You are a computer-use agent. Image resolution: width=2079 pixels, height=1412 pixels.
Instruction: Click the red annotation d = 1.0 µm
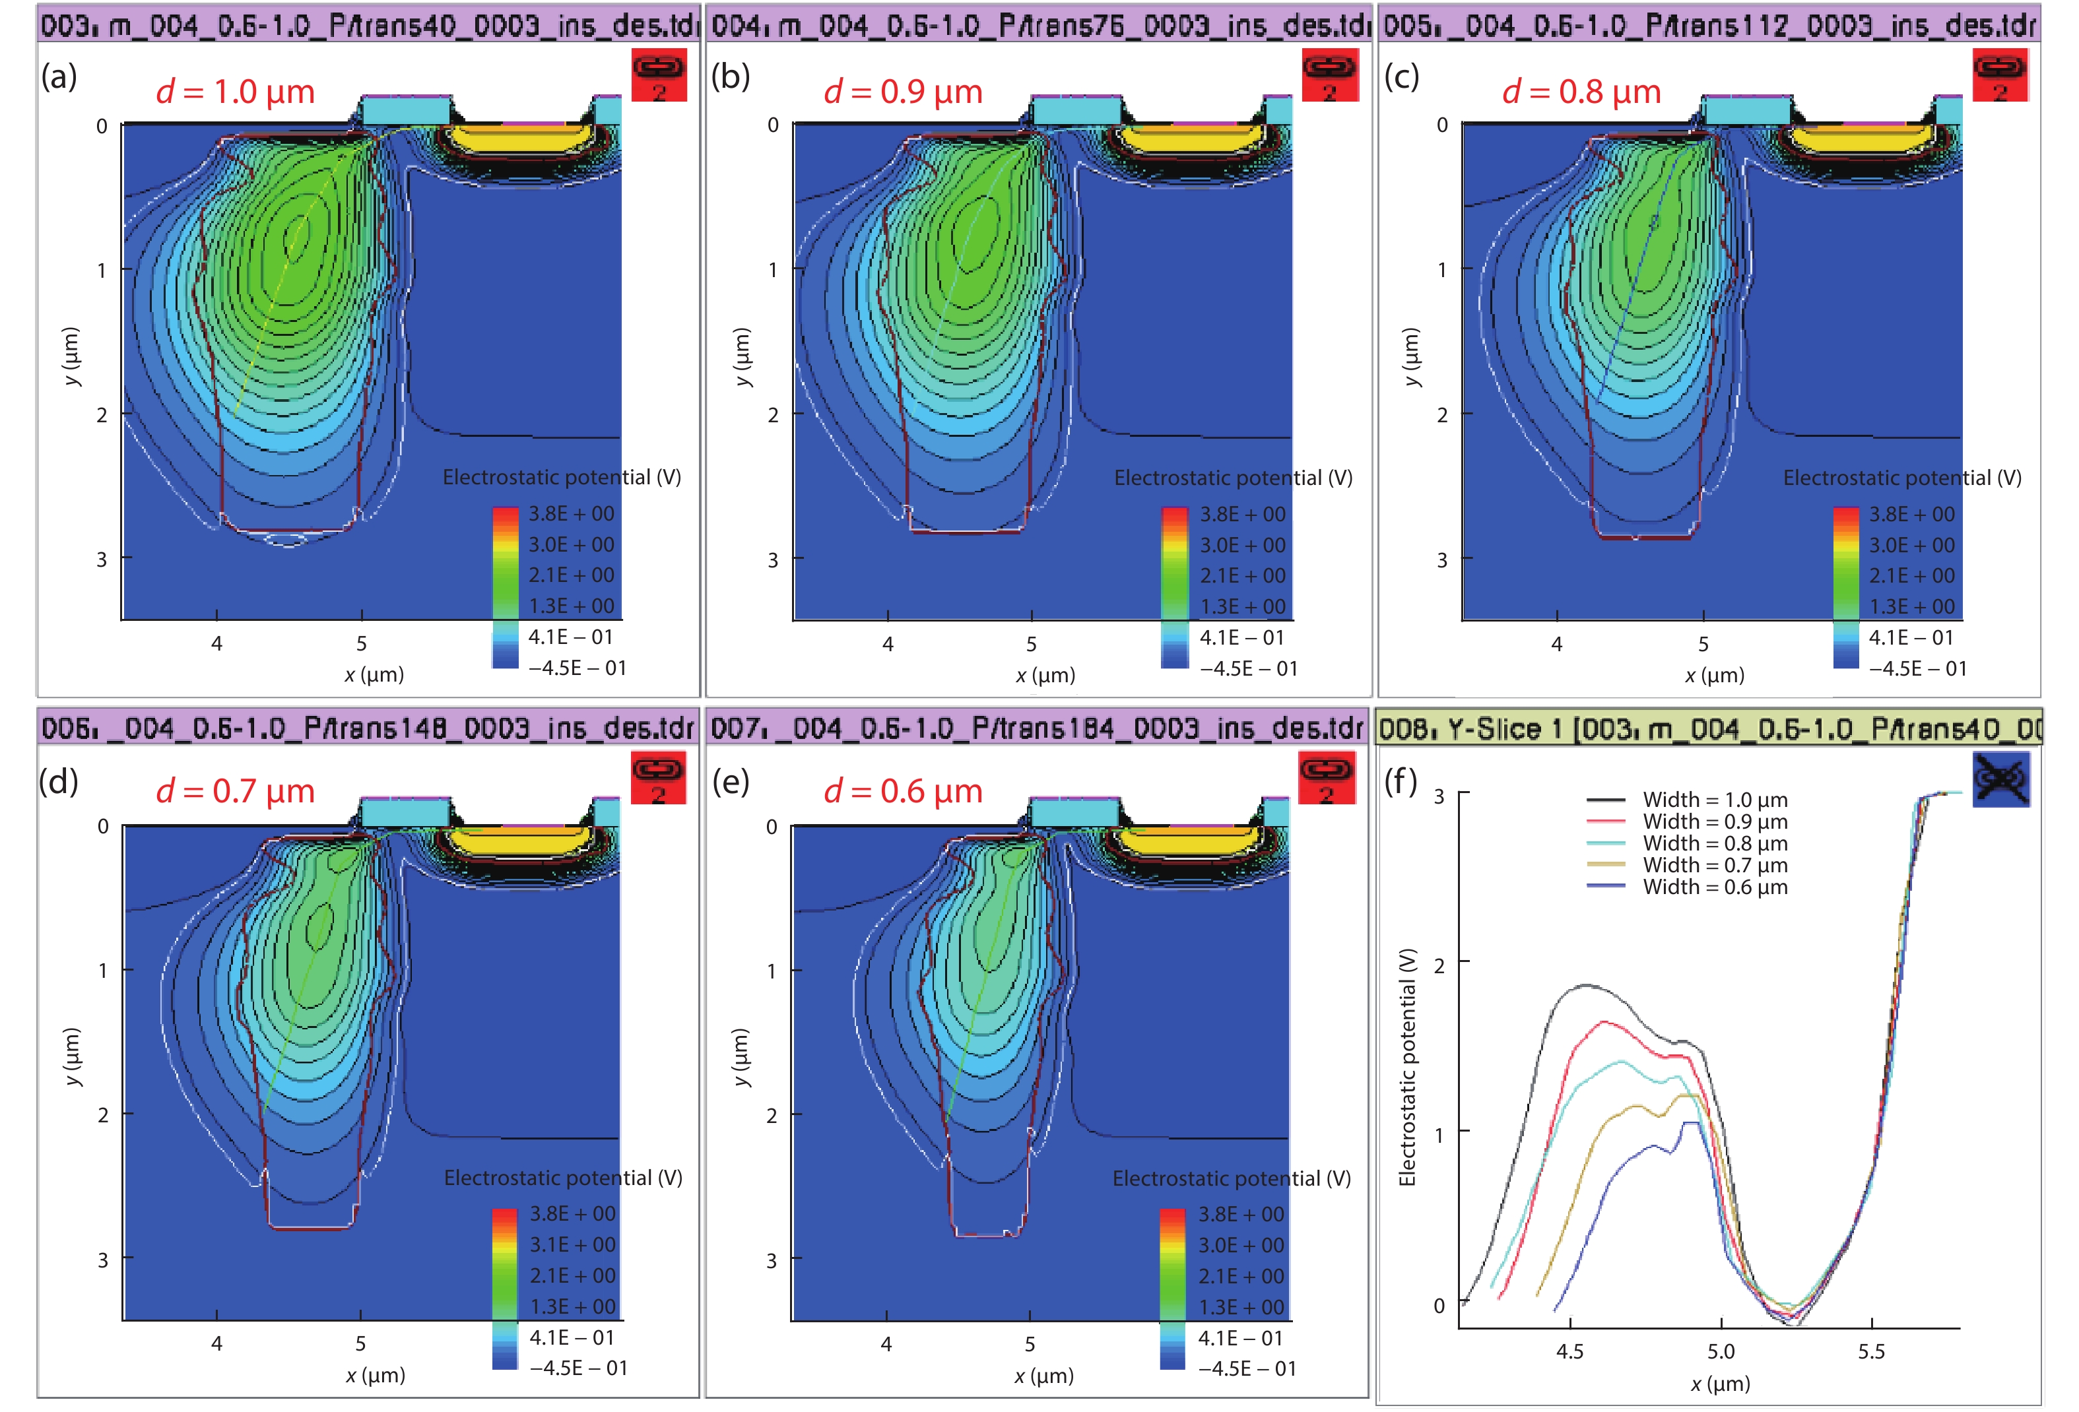(235, 91)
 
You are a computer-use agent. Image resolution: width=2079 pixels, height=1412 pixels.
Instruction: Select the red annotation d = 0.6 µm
(903, 791)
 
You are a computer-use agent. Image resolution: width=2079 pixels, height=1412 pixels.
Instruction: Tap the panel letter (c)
(1401, 77)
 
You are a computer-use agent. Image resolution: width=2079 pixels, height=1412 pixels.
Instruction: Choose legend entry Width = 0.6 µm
(1714, 886)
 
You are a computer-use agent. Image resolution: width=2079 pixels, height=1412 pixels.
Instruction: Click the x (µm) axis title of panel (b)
(1045, 675)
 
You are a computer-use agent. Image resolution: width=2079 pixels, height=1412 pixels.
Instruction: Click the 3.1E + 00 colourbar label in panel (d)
(572, 1244)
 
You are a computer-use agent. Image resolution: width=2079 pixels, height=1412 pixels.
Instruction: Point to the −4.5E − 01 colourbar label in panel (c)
(1917, 668)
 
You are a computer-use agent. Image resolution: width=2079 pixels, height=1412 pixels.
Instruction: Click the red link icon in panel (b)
(1329, 73)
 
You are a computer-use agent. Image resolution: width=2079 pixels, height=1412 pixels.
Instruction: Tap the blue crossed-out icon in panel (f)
(2000, 778)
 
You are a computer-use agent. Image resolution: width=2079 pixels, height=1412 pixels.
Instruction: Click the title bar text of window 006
(367, 728)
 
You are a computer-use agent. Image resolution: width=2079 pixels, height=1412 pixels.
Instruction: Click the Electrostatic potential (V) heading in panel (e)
(1231, 1178)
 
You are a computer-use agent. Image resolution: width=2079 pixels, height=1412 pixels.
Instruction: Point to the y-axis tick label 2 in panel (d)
(103, 1114)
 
